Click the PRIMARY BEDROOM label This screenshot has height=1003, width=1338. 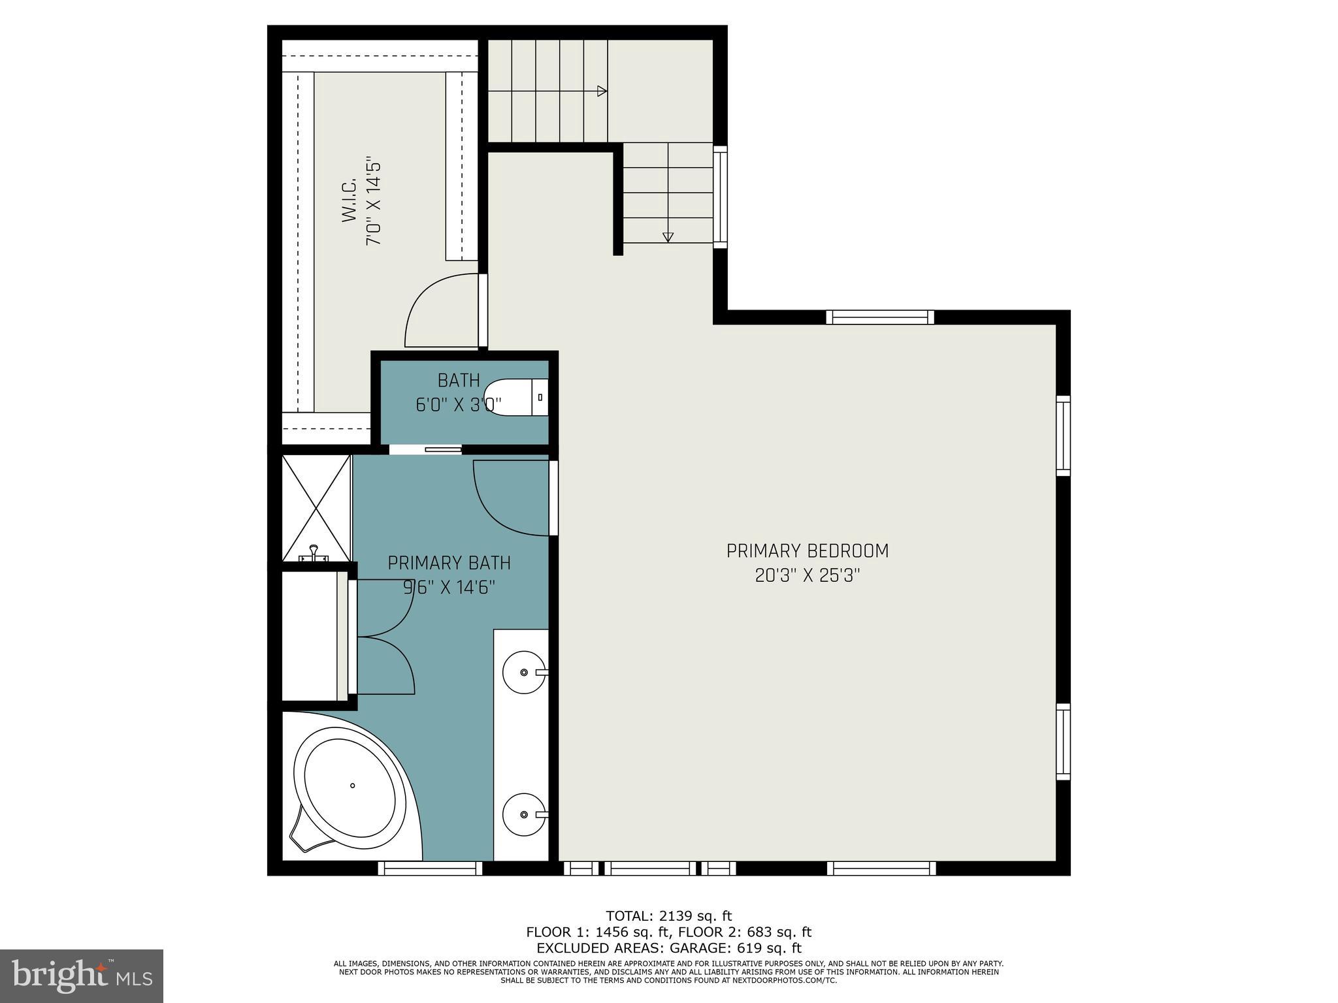pos(808,551)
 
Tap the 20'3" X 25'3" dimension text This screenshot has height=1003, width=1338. pos(808,577)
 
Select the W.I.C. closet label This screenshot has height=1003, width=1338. pos(349,201)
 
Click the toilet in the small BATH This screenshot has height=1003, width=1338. pos(516,397)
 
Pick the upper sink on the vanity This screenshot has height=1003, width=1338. pos(524,672)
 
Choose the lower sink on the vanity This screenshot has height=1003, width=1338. pos(524,814)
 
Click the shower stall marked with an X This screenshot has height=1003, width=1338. pos(316,508)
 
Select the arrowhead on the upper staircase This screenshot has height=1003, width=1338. pos(602,91)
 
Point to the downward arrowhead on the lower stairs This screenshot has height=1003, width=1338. pos(668,238)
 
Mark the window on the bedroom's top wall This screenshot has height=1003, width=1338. pos(880,317)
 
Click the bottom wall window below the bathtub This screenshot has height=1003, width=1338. pos(430,868)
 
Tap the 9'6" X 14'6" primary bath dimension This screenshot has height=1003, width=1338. pos(449,588)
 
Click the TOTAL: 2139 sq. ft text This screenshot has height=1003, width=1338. pos(669,915)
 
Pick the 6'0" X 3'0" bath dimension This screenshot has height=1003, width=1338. pos(459,405)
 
